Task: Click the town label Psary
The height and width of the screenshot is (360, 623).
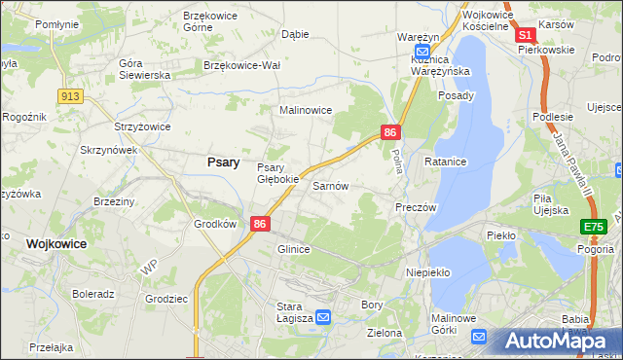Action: pyautogui.click(x=223, y=162)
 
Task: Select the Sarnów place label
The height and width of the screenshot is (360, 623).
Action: pyautogui.click(x=330, y=185)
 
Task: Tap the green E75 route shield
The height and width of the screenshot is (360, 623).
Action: pyautogui.click(x=593, y=227)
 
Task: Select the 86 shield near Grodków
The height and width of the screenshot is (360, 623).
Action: pyautogui.click(x=259, y=223)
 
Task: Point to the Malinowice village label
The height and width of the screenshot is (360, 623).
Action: pyautogui.click(x=307, y=111)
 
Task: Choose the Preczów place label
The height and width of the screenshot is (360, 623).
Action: pyautogui.click(x=416, y=207)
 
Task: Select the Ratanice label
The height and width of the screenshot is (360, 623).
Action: pyautogui.click(x=445, y=161)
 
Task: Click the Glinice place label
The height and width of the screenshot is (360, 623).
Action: pyautogui.click(x=293, y=249)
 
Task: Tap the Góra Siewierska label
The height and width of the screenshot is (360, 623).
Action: pyautogui.click(x=144, y=69)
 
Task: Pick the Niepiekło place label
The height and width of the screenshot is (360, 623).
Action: pyautogui.click(x=427, y=272)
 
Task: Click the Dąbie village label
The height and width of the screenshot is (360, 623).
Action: pyautogui.click(x=295, y=34)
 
